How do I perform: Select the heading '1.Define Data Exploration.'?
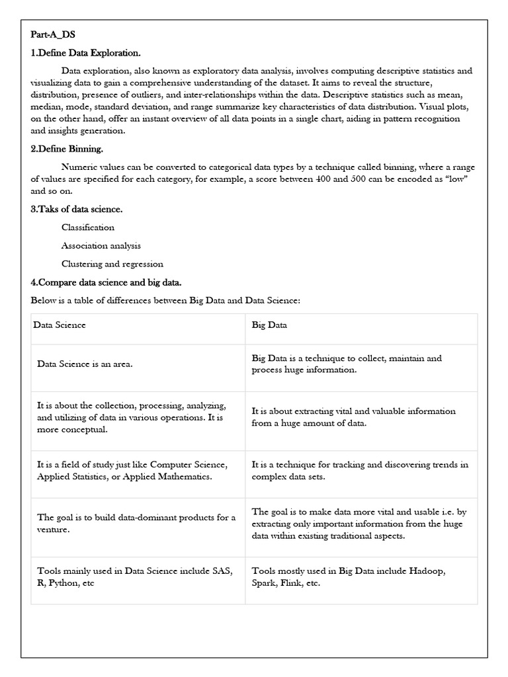[85, 53]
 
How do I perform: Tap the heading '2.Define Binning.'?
[67, 149]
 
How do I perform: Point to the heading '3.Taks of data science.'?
[77, 210]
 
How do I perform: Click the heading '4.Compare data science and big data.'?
[106, 282]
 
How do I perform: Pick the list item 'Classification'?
[88, 227]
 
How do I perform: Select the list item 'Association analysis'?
[101, 245]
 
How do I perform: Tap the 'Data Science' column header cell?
[62, 325]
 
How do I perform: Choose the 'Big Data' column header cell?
[269, 325]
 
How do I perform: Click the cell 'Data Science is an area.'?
[89, 364]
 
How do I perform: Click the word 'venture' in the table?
[54, 530]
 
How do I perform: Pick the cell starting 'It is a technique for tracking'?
[360, 470]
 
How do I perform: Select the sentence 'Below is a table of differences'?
[165, 301]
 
